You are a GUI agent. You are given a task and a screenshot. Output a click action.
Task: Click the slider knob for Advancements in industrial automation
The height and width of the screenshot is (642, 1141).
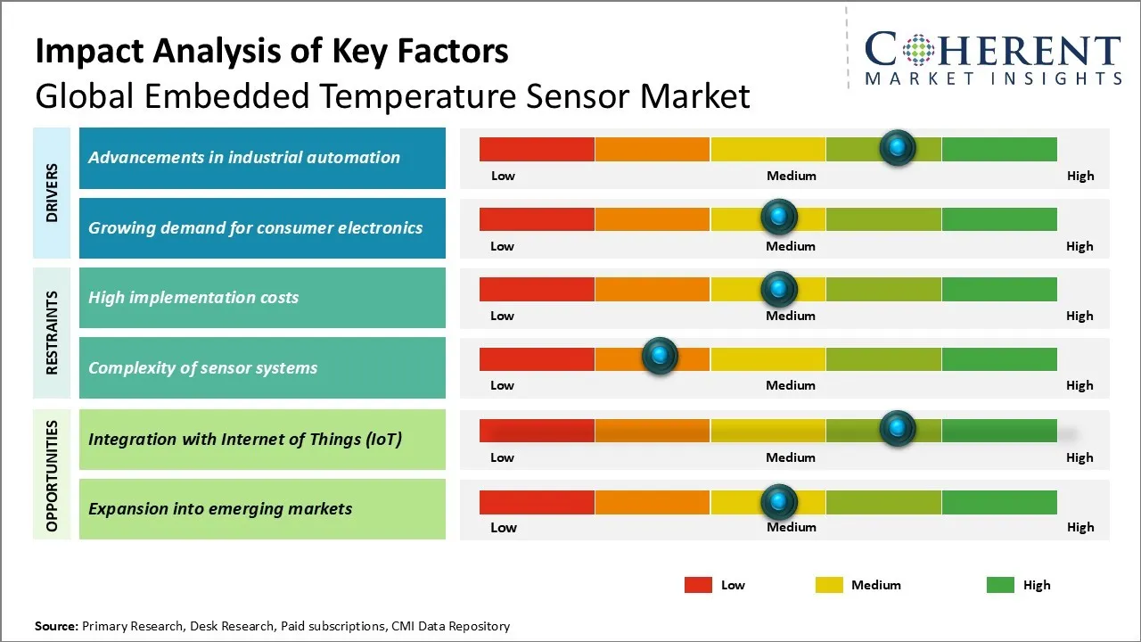[x=898, y=147]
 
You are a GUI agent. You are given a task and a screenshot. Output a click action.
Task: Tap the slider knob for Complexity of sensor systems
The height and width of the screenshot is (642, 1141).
[x=660, y=357]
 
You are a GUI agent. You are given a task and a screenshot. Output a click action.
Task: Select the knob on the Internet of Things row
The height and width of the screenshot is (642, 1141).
[x=898, y=429]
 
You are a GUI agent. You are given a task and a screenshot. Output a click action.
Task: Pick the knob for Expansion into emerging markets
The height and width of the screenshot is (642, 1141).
[x=779, y=502]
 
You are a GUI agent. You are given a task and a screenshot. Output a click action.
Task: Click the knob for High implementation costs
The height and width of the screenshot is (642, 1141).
[x=779, y=288]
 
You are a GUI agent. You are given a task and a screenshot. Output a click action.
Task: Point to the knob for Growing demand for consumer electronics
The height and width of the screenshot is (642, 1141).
[x=779, y=217]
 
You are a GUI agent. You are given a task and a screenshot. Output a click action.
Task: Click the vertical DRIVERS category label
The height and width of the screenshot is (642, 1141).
[x=52, y=193]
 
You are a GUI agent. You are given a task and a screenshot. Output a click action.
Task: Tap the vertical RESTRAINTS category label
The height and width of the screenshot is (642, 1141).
[x=52, y=333]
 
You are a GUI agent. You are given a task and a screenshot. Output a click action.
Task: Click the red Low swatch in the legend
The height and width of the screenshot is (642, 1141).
[x=698, y=585]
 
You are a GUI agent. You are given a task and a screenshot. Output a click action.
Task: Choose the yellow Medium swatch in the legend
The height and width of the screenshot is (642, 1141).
[x=829, y=585]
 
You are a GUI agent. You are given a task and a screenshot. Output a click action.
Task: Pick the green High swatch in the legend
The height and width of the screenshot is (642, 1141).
[x=1000, y=585]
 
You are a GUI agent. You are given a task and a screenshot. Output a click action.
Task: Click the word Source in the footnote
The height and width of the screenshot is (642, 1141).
[x=56, y=626]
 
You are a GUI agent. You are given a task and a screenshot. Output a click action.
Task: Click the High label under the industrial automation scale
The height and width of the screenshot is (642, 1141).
[x=1080, y=176]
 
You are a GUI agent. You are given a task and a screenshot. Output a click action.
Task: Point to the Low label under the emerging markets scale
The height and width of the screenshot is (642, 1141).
[x=503, y=527]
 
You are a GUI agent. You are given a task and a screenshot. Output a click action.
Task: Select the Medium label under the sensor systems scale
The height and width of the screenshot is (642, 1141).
[x=791, y=385]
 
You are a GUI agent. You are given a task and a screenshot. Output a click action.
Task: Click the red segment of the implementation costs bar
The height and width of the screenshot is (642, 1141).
[x=537, y=289]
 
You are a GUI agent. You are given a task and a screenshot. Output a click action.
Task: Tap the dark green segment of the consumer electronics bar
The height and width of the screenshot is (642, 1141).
[x=998, y=218]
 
